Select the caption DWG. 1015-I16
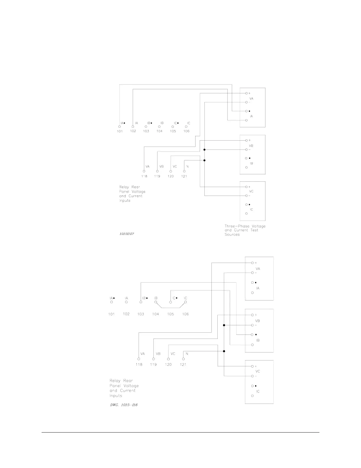[124, 404]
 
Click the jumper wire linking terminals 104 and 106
[170, 307]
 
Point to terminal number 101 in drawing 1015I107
[119, 131]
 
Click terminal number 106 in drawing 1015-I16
[185, 314]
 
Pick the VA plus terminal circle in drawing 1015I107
[246, 93]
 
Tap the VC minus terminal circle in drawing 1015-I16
[252, 376]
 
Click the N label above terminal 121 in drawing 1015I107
[188, 167]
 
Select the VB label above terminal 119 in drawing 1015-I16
[158, 354]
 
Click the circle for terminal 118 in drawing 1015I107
[144, 171]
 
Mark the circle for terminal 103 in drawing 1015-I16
[141, 302]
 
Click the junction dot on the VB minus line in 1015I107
[204, 149]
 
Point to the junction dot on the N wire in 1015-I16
[224, 351]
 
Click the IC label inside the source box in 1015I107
[251, 209]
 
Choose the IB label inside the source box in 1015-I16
[258, 340]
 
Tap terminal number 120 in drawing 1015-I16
[168, 365]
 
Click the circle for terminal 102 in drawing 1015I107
[133, 126]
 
